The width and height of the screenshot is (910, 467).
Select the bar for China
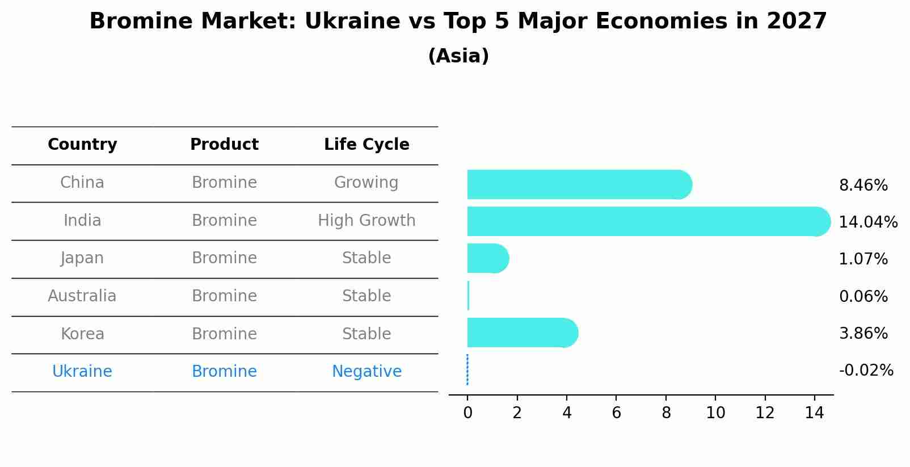tap(579, 184)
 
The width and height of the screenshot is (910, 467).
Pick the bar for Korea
tap(522, 333)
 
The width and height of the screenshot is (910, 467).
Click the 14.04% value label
tap(867, 222)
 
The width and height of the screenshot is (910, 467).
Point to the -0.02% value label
tap(866, 371)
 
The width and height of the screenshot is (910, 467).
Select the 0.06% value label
tap(863, 296)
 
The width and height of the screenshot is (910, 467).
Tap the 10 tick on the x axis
tap(715, 413)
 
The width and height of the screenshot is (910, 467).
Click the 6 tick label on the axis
tap(616, 413)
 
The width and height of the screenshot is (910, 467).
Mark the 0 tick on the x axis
tap(467, 413)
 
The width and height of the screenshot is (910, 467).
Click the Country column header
tap(82, 145)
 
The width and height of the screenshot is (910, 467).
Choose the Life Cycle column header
tap(366, 145)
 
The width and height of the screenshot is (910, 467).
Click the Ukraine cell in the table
tap(82, 372)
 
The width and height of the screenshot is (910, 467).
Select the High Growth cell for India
tap(366, 221)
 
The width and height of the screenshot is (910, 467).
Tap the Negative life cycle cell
tap(366, 372)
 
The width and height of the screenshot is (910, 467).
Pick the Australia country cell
tap(82, 296)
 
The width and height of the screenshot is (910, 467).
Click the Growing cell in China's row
tap(366, 183)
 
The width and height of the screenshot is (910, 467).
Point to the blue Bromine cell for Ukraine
tap(224, 372)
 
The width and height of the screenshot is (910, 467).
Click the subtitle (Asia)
tap(458, 56)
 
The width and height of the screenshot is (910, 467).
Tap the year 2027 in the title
tap(797, 22)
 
